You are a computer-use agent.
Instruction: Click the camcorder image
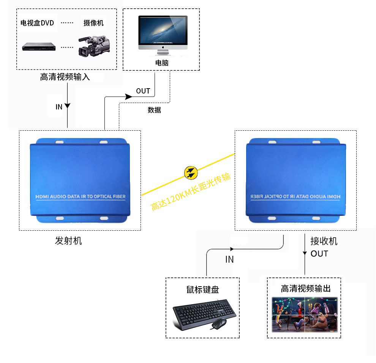tap(94, 46)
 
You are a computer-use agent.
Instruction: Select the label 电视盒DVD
tap(37, 23)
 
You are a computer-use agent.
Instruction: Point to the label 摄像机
tap(93, 23)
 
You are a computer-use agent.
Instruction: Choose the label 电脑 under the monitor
tap(162, 63)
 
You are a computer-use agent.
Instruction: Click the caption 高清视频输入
tap(65, 77)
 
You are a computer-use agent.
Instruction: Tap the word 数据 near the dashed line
tap(154, 110)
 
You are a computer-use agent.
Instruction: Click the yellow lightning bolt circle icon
tap(191, 173)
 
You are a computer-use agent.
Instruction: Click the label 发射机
tap(68, 241)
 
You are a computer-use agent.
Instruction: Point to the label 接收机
tap(324, 241)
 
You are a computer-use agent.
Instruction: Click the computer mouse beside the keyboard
tap(219, 324)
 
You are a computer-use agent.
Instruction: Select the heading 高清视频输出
tap(305, 288)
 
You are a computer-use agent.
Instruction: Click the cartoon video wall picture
tap(305, 314)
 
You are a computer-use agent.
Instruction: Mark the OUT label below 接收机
tap(319, 254)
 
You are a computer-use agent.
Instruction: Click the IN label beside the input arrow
tap(59, 107)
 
